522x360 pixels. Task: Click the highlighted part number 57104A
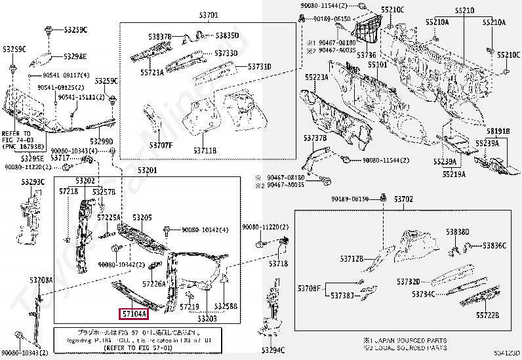tap(134, 314)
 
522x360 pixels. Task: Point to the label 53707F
tap(161, 144)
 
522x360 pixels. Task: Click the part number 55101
tap(377, 65)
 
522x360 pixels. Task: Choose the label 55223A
tap(316, 77)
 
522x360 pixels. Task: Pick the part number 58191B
tap(498, 132)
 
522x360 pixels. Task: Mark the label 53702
tap(403, 198)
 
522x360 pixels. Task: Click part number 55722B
tap(486, 315)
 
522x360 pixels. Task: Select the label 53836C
tap(495, 245)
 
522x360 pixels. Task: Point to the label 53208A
tap(41, 280)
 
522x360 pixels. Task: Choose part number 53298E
tap(75, 56)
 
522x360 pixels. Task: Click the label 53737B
tap(315, 138)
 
